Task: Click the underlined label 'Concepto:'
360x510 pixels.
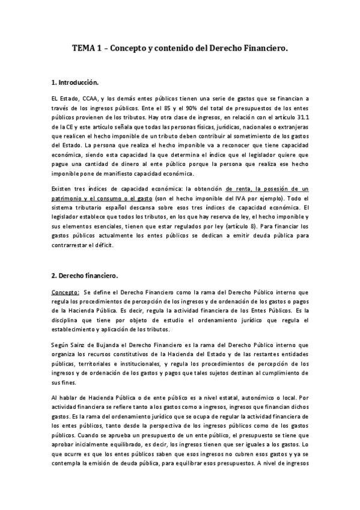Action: click(66, 291)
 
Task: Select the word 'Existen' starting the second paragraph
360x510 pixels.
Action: click(63, 189)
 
